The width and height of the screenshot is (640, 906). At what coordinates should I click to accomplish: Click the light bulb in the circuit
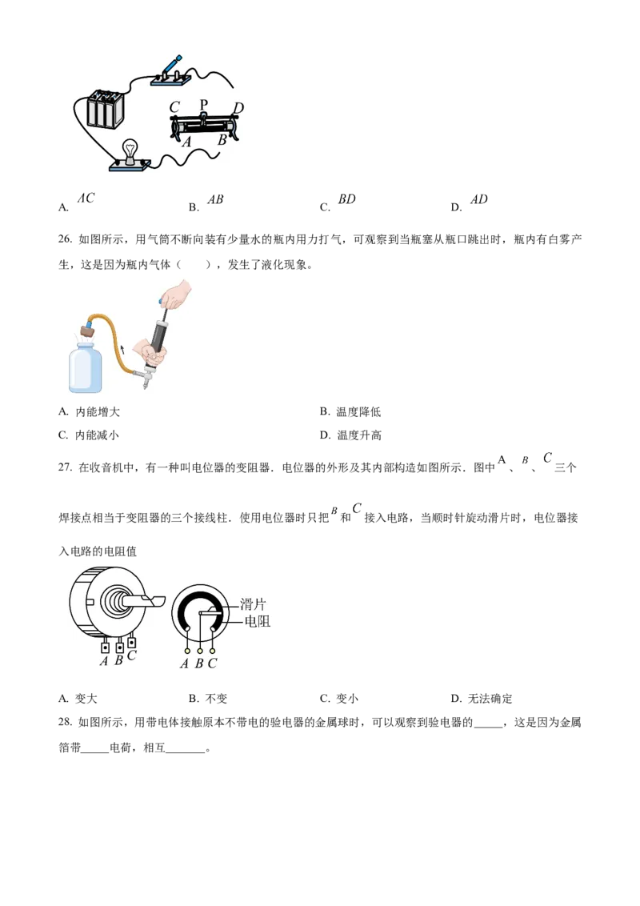(x=128, y=150)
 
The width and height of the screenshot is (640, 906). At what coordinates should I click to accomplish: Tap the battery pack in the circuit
(x=104, y=108)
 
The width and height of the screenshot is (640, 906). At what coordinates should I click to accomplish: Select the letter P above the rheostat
(x=203, y=105)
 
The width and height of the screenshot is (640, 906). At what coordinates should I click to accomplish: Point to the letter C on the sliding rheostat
(x=174, y=107)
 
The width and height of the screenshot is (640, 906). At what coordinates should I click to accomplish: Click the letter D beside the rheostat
(x=238, y=108)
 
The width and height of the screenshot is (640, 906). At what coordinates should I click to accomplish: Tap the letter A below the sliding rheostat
(x=186, y=142)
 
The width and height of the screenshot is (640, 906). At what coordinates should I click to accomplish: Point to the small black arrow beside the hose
(x=122, y=348)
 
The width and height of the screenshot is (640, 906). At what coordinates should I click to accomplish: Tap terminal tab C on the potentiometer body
(x=132, y=643)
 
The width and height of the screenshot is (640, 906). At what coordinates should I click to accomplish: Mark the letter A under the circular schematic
(x=185, y=663)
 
